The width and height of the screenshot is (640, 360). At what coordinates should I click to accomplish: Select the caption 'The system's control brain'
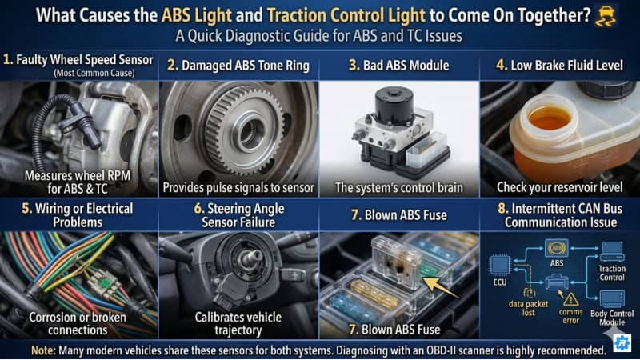[398, 187]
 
